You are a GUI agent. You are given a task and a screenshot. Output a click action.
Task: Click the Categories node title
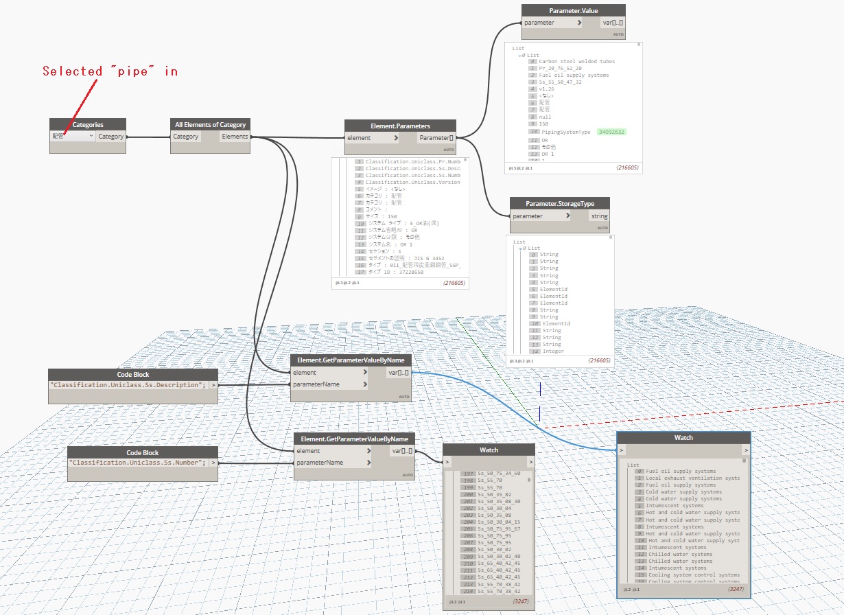coord(88,124)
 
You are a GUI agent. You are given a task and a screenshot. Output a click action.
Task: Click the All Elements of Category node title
coord(211,124)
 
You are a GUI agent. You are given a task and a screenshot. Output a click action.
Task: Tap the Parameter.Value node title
coord(573,11)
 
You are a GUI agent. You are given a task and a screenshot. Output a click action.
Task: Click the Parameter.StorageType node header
coord(560,203)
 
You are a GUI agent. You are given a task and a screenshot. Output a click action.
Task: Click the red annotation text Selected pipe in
coord(110,71)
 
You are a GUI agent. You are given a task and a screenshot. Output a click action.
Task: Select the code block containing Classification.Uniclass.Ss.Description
coord(128,384)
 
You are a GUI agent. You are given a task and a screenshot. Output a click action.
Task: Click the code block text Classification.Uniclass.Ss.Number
coord(137,463)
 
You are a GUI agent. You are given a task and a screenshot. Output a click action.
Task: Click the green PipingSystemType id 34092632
coord(611,132)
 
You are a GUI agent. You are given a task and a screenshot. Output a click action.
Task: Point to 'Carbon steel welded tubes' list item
coord(576,61)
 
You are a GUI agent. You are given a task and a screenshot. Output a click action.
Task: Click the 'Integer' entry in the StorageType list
coord(553,351)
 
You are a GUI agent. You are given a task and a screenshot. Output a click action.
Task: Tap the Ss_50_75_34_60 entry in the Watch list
coord(499,474)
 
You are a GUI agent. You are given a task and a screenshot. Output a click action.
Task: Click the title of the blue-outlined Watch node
coord(683,437)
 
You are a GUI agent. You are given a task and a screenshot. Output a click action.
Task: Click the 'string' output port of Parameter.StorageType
coord(599,216)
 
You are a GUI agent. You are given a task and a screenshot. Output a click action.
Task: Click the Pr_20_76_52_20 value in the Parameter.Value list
coord(560,69)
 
